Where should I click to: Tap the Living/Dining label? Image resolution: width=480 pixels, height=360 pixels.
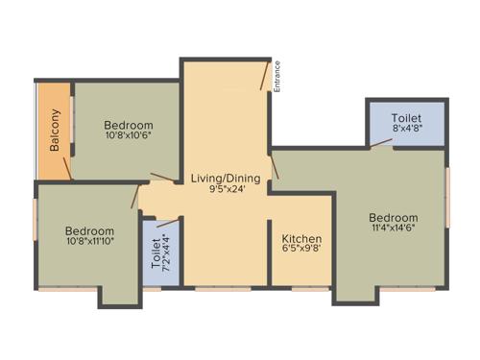[226, 178]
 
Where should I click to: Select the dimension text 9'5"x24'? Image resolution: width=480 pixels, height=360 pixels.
[226, 189]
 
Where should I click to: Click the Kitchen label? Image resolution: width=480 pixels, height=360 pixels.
[301, 238]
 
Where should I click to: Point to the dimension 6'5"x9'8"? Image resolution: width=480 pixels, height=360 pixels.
[301, 250]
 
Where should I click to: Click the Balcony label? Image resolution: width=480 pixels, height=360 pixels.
[56, 131]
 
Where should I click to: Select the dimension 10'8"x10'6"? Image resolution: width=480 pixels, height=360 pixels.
[129, 137]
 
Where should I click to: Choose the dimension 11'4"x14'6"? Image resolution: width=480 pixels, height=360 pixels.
[394, 229]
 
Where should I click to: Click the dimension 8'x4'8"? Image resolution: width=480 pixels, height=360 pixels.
[407, 128]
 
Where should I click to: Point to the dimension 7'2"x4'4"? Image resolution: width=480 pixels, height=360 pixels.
[166, 252]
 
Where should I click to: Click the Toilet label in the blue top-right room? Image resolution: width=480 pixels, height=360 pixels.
[407, 117]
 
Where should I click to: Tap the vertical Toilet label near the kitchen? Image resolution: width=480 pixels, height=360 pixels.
[156, 252]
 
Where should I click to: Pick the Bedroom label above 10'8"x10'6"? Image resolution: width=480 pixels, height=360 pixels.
[129, 126]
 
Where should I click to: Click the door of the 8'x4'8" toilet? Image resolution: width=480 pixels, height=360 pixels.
[382, 144]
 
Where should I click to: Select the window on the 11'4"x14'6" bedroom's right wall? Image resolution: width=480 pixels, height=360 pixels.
[446, 197]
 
